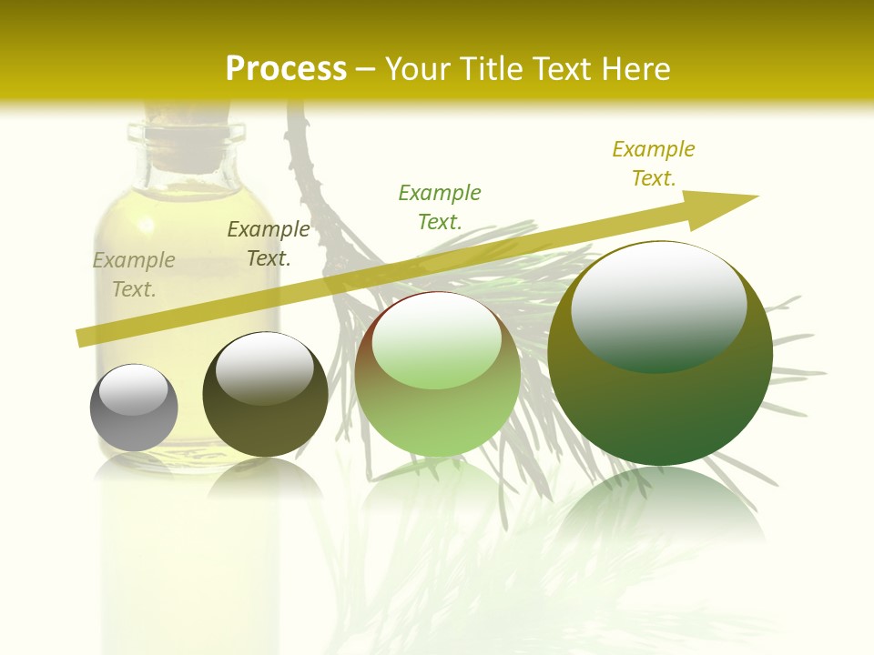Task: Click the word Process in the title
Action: click(x=286, y=68)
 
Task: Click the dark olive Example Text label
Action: click(x=269, y=244)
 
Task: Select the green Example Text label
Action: click(x=440, y=207)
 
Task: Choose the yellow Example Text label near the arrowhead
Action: click(x=654, y=163)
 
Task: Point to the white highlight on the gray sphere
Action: click(x=134, y=389)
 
